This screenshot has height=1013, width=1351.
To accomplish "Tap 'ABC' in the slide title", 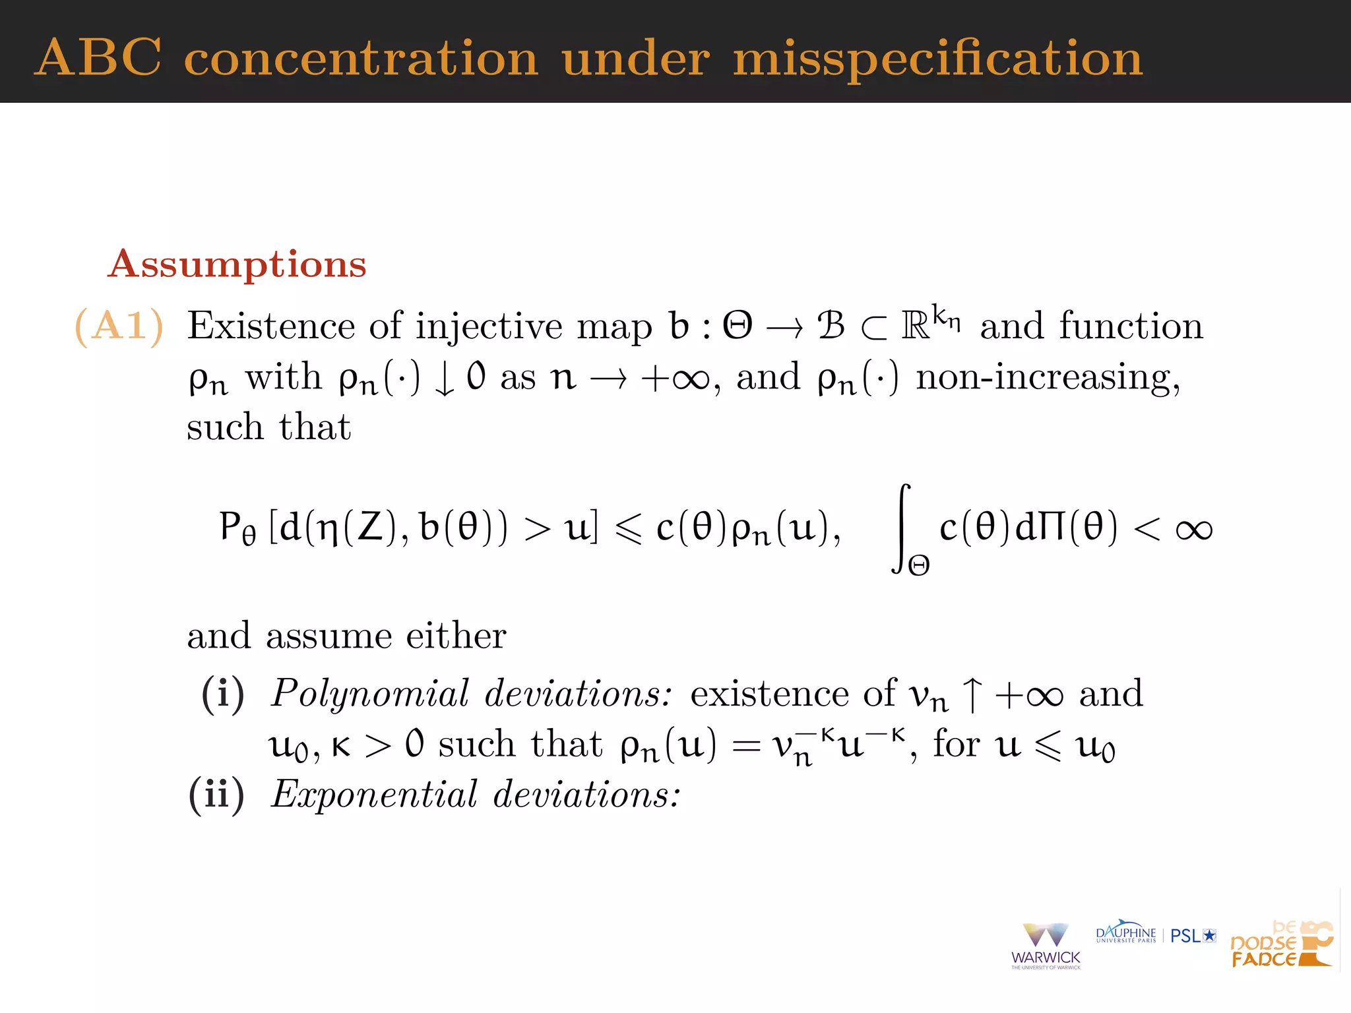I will click(98, 58).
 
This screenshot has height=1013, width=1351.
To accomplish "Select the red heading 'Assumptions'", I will click(237, 264).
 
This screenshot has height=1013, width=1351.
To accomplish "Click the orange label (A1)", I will click(119, 326).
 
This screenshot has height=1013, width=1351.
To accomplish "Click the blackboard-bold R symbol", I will click(916, 325).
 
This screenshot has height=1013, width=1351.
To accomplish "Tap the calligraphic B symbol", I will click(831, 325).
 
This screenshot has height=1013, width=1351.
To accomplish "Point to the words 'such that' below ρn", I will click(268, 427).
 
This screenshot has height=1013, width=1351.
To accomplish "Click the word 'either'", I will click(456, 636).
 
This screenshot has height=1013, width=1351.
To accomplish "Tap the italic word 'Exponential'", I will click(374, 795).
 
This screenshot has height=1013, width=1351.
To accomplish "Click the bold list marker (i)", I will click(223, 694).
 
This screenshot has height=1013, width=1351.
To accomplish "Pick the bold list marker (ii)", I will click(216, 795).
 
